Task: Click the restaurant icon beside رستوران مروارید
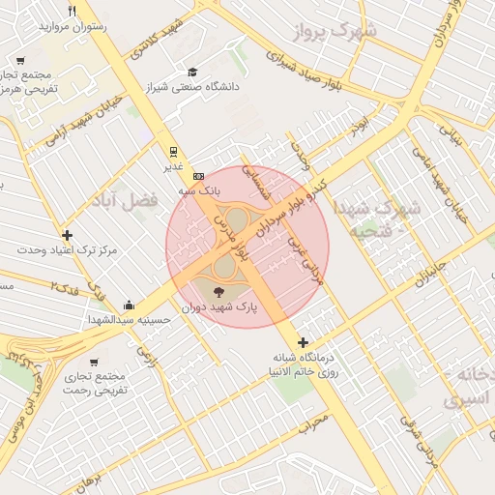click(73, 11)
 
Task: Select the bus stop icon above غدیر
click(173, 151)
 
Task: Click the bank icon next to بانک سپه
click(198, 176)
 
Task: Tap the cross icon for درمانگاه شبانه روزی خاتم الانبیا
click(304, 342)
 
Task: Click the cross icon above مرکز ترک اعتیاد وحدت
click(67, 235)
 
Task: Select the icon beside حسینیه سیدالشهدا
click(129, 305)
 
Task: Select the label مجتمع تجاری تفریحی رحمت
click(96, 382)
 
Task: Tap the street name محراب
click(313, 422)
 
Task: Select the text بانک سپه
click(197, 191)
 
